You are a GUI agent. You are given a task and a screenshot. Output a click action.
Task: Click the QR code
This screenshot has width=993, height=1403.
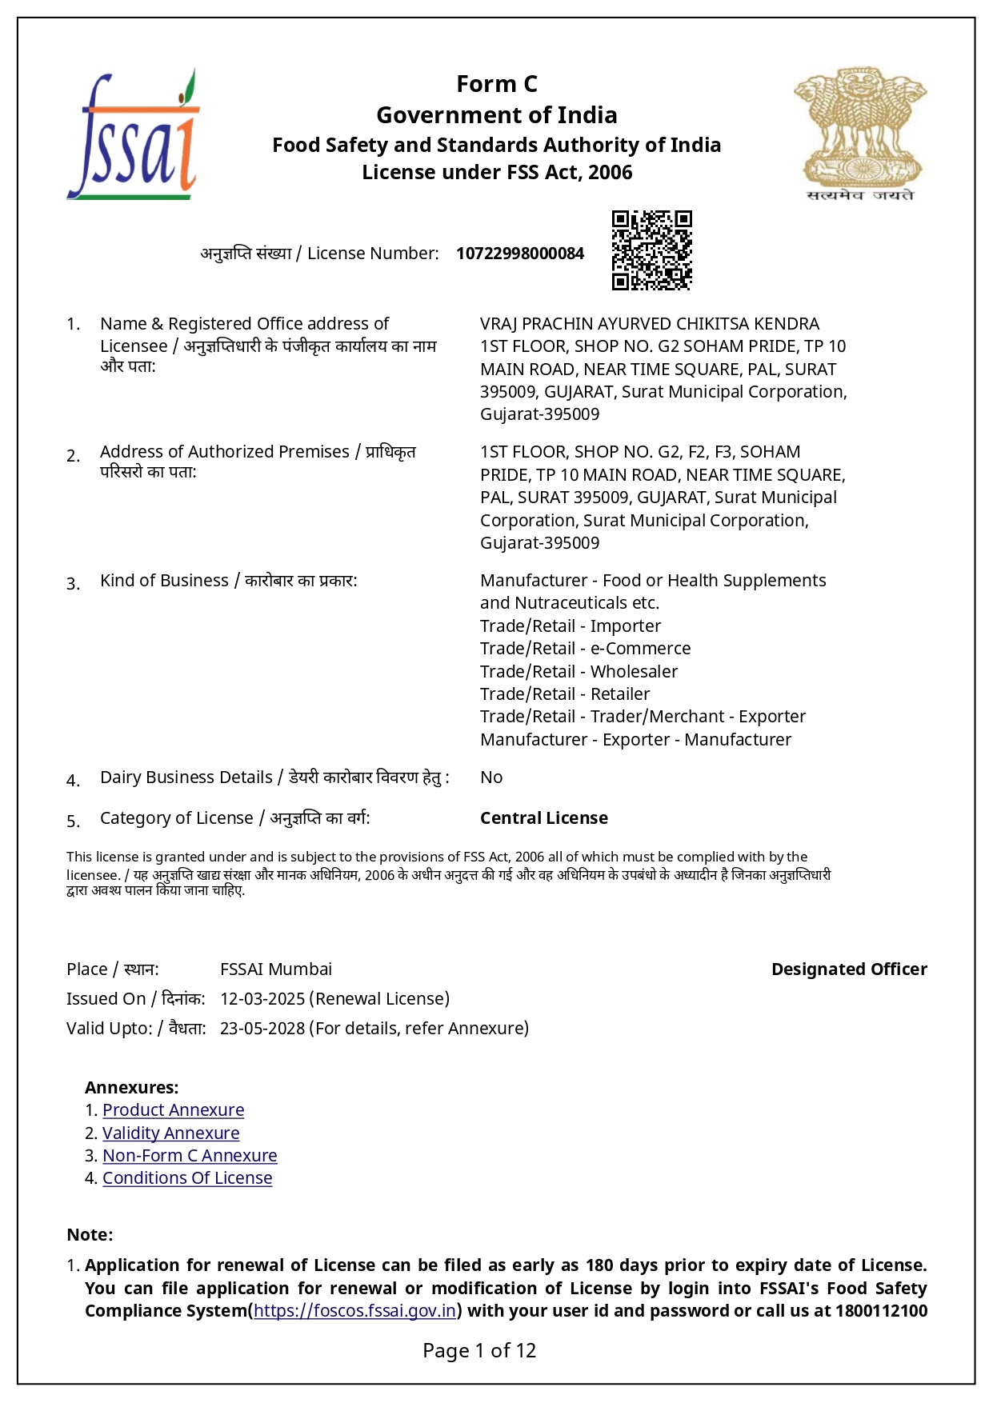[651, 250]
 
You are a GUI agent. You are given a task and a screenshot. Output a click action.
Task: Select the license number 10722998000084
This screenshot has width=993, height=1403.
[520, 254]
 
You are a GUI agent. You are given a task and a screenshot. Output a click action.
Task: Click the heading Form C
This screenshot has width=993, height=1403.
[496, 84]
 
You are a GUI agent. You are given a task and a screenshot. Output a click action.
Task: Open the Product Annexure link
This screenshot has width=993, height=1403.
[173, 1110]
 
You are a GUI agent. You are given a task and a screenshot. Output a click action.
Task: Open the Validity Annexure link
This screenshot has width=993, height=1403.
[170, 1133]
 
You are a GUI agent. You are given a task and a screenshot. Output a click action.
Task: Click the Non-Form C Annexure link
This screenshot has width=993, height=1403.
[190, 1156]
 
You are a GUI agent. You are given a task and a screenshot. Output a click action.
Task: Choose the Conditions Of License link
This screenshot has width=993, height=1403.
[187, 1178]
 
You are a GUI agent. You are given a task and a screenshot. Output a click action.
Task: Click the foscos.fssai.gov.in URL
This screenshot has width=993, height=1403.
[354, 1311]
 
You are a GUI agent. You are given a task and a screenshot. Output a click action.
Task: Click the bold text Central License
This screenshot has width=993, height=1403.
[543, 818]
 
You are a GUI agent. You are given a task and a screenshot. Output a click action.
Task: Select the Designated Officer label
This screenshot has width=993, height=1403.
[849, 969]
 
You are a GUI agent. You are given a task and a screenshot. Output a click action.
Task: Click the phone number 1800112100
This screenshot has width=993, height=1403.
[881, 1311]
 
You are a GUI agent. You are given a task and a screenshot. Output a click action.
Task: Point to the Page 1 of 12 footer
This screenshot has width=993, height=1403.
[479, 1351]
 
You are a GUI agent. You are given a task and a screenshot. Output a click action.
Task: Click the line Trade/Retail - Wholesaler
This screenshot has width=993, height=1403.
[579, 672]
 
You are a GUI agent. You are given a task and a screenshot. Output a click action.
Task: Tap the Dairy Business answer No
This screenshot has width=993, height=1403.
[491, 777]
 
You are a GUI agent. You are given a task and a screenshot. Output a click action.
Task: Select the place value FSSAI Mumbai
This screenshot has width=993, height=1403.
[276, 969]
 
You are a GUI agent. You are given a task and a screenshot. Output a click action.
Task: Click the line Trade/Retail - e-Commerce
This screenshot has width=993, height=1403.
[585, 649]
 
